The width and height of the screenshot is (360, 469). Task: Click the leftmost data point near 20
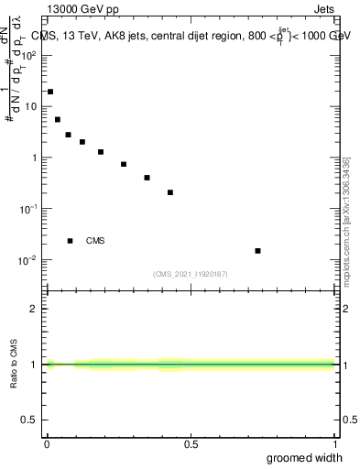(50, 92)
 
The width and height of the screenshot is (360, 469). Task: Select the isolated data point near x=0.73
(258, 250)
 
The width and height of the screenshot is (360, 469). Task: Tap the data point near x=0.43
(170, 192)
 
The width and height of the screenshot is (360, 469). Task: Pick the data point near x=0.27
(124, 164)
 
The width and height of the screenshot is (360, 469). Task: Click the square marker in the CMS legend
(70, 241)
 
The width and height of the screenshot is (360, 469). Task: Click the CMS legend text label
(95, 241)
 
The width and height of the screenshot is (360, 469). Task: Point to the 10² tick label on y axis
(30, 55)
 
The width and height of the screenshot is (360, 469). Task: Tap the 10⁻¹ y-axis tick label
(30, 209)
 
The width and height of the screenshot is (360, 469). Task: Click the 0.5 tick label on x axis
(191, 444)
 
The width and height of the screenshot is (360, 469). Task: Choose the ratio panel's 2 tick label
(34, 309)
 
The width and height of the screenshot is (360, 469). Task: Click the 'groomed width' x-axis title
(305, 457)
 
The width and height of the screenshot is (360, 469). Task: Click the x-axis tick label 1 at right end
(335, 444)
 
